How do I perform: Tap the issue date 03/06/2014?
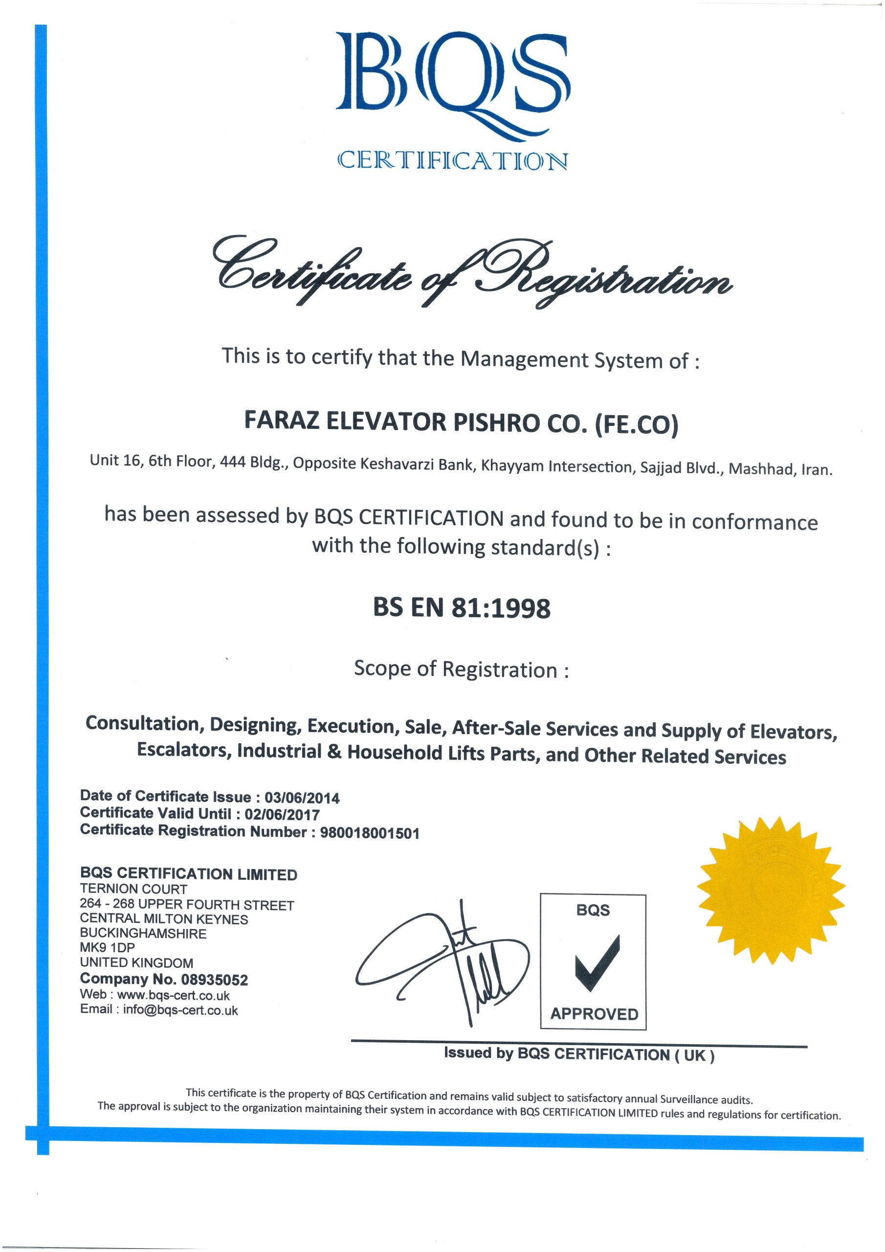point(302,798)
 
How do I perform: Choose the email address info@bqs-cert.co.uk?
point(180,1010)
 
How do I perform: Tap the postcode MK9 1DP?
point(107,948)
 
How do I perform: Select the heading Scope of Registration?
point(461,669)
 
